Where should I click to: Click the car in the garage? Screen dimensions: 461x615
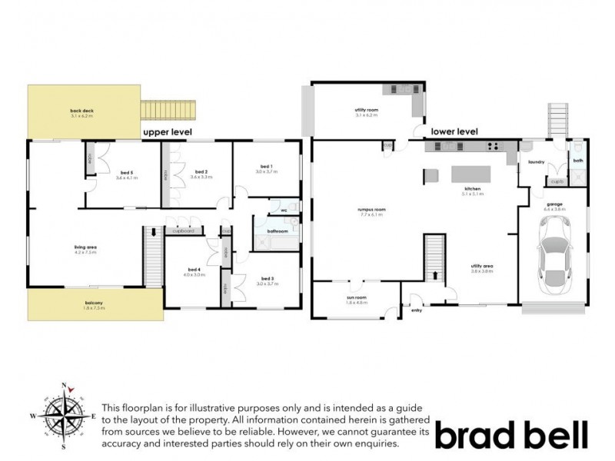(555, 254)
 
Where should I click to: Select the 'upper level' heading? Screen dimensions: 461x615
(167, 133)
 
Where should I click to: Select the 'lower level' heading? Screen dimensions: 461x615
(455, 131)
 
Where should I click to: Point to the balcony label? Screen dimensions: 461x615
(95, 304)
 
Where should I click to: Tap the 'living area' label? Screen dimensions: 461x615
(85, 247)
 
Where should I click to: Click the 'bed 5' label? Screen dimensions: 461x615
(125, 174)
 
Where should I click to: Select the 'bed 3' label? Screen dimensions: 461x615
(267, 279)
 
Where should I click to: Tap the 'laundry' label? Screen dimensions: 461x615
(537, 162)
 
